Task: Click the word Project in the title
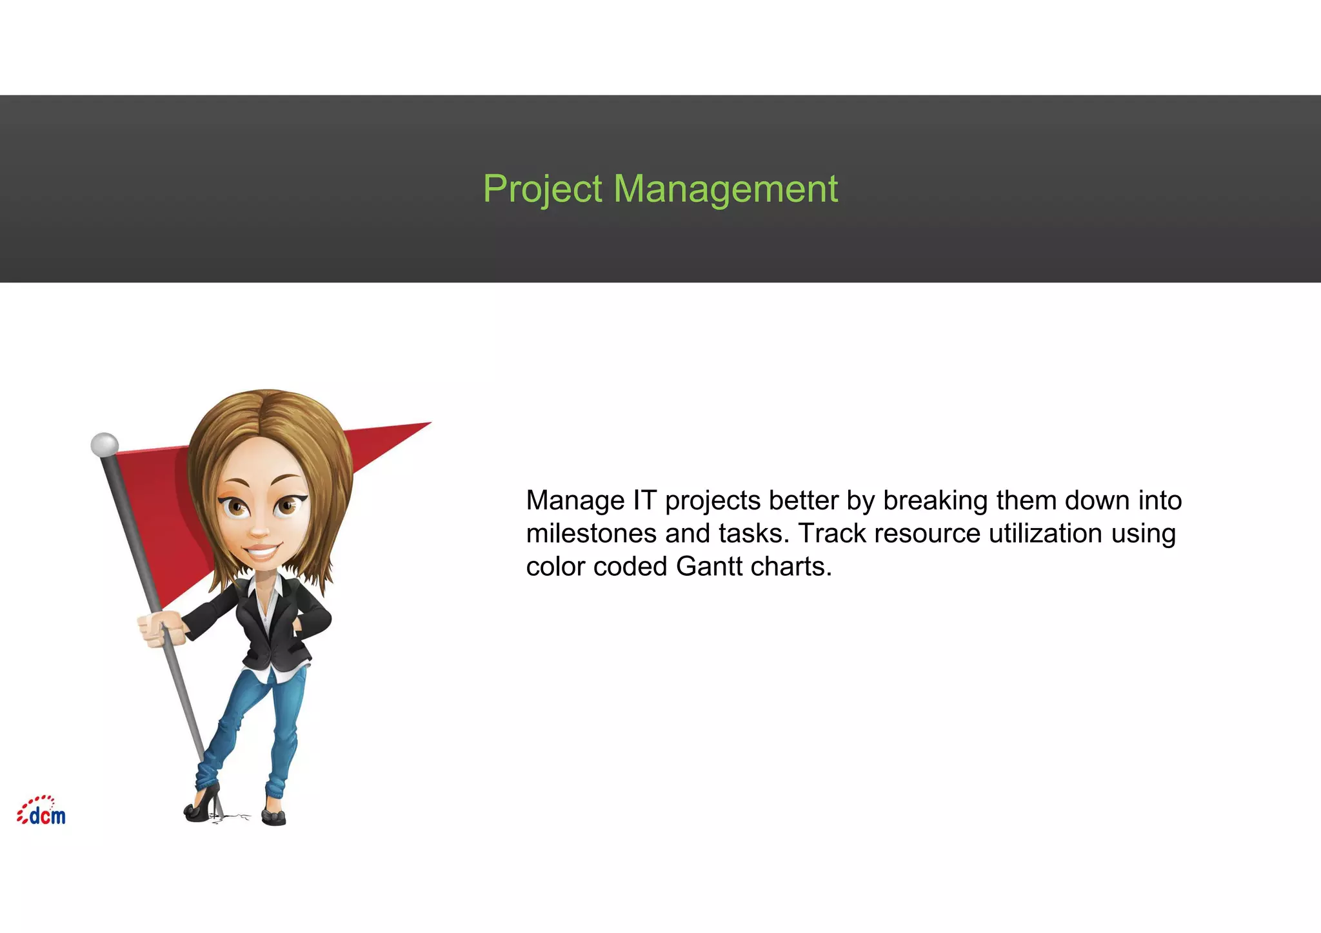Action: coord(542,189)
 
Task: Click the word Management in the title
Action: coord(725,189)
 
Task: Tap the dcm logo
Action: coord(42,811)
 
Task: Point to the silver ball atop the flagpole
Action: coord(104,444)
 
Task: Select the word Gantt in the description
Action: coord(709,567)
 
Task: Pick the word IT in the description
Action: coord(644,501)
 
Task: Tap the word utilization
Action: coord(1046,534)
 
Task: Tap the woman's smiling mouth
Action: coord(262,552)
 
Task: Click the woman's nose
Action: coord(259,531)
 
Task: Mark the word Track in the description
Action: coord(832,534)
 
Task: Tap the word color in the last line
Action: coord(555,567)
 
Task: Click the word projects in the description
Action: coord(713,501)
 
